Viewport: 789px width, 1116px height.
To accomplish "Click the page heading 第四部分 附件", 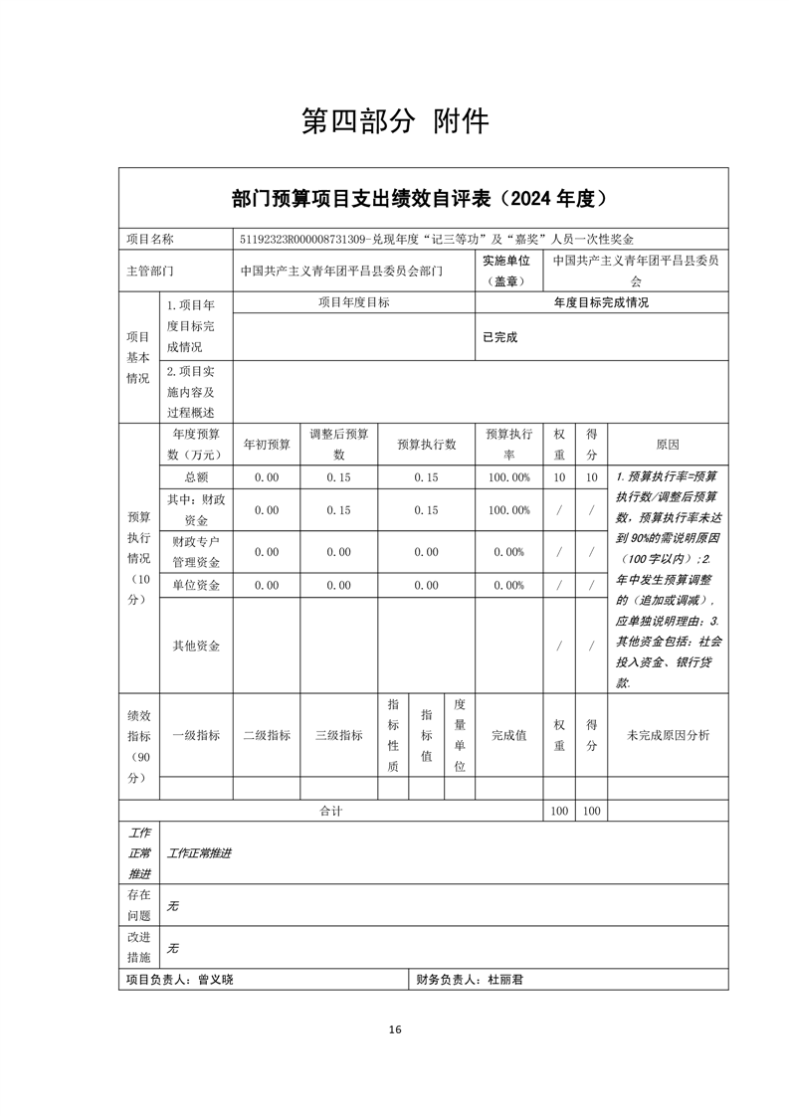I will [395, 121].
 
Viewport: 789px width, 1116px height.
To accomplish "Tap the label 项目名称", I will [149, 240].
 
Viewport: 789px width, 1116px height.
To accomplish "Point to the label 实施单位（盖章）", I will [506, 271].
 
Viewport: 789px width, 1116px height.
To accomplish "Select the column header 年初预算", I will [267, 445].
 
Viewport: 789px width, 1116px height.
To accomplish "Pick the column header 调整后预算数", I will [338, 445].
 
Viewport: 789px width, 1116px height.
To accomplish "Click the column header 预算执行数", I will [426, 445].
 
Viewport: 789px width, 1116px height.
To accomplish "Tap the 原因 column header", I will [667, 445].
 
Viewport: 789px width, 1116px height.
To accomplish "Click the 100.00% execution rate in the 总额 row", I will [508, 477].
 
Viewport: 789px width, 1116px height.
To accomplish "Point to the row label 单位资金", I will [196, 585].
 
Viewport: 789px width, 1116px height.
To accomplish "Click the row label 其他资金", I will [196, 646].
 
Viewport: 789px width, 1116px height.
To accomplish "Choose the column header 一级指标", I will [196, 735].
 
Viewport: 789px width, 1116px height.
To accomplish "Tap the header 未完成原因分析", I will [667, 735].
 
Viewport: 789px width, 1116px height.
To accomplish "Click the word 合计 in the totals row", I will [330, 812].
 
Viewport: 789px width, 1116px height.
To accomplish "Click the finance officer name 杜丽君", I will [505, 980].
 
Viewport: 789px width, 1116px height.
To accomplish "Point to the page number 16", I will [395, 1029].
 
